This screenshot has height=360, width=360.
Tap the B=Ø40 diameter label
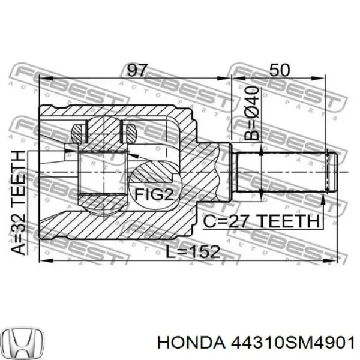(x=253, y=113)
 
